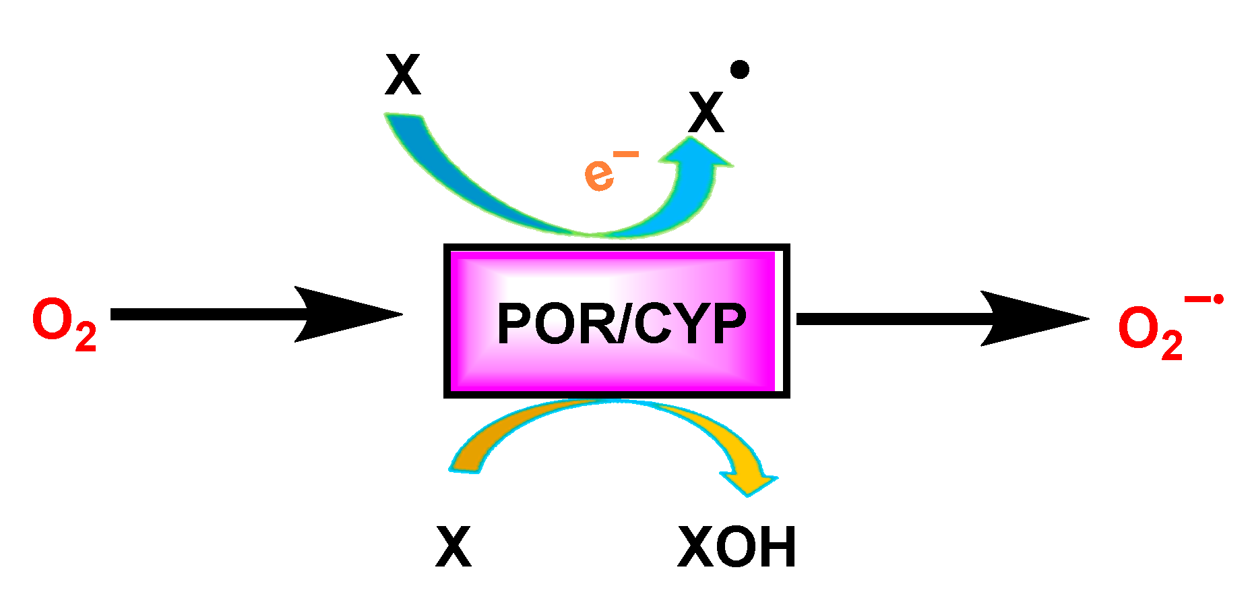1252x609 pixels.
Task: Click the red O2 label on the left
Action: point(63,324)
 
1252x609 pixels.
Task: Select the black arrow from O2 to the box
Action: point(256,314)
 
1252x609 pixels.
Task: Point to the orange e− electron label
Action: point(603,173)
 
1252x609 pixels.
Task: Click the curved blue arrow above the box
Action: point(512,196)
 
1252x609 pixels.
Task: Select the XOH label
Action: point(737,548)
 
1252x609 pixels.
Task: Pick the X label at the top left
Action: point(402,76)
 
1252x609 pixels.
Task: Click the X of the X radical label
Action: point(706,113)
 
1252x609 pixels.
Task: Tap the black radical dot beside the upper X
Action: point(739,69)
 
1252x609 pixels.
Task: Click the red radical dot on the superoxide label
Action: point(1218,299)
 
